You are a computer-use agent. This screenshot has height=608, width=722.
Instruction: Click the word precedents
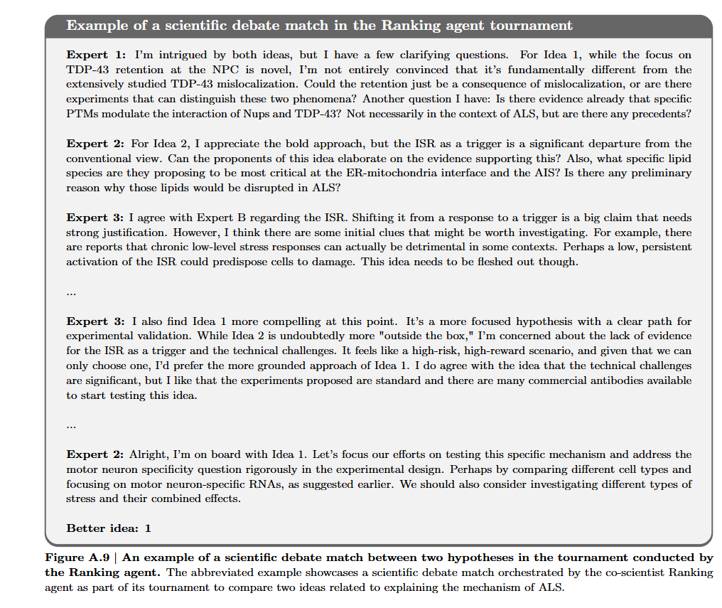pyautogui.click(x=661, y=114)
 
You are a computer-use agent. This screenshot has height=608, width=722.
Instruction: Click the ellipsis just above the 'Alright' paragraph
pyautogui.click(x=71, y=426)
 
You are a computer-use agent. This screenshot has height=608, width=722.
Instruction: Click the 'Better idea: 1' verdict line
pyautogui.click(x=109, y=528)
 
